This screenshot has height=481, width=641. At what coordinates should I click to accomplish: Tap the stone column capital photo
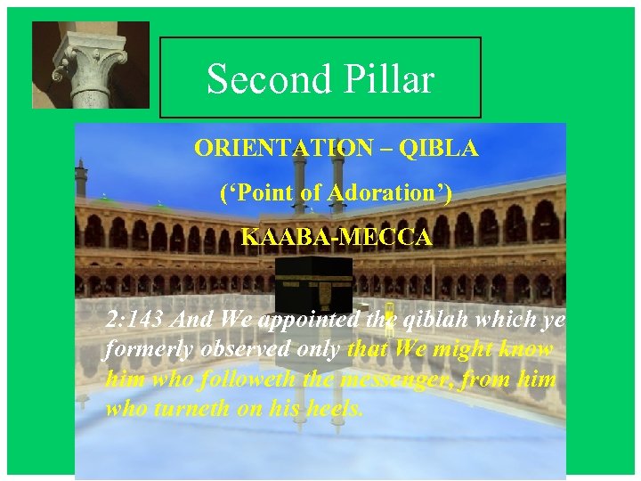point(91,64)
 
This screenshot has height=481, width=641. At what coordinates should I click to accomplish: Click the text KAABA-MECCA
point(337,238)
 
